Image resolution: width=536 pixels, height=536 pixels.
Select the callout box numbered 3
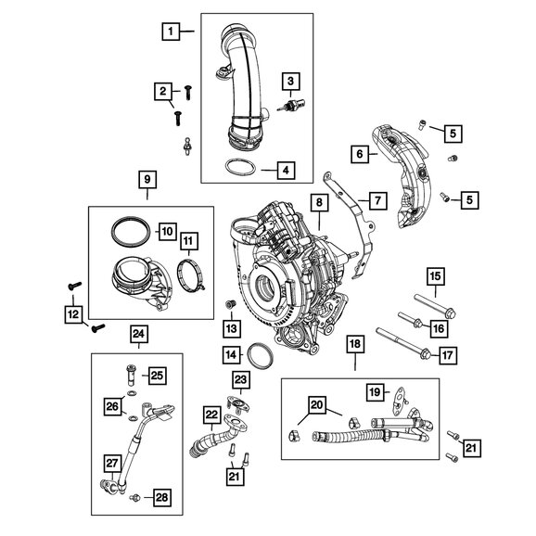[290, 83]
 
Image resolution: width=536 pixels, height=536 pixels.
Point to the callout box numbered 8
[318, 200]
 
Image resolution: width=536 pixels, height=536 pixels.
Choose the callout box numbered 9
[147, 178]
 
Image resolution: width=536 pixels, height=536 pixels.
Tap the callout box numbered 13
[231, 328]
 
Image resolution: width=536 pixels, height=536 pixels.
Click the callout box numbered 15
[435, 275]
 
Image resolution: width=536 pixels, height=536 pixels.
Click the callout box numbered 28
[161, 498]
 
